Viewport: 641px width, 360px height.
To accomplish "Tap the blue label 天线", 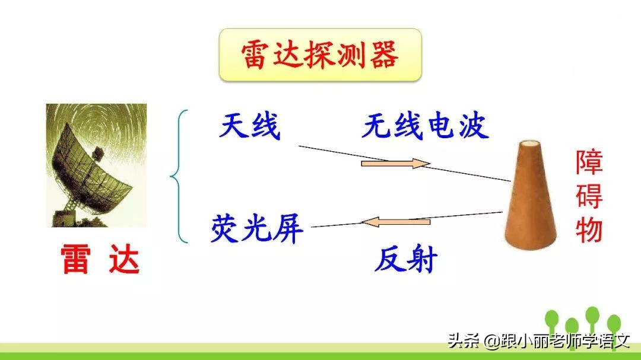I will (250, 126).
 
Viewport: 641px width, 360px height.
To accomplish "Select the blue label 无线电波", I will (425, 126).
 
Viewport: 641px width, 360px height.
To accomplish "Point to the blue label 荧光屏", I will (257, 228).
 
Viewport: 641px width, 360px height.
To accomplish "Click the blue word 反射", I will (406, 259).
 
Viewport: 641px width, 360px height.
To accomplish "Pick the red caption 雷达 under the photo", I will (100, 260).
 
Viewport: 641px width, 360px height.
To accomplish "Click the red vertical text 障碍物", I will (589, 196).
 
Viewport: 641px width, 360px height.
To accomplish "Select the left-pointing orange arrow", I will (396, 222).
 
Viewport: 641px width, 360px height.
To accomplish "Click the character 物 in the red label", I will (589, 230).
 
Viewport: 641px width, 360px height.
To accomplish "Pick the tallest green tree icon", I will (592, 317).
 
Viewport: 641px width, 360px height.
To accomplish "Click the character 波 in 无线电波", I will (473, 126).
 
